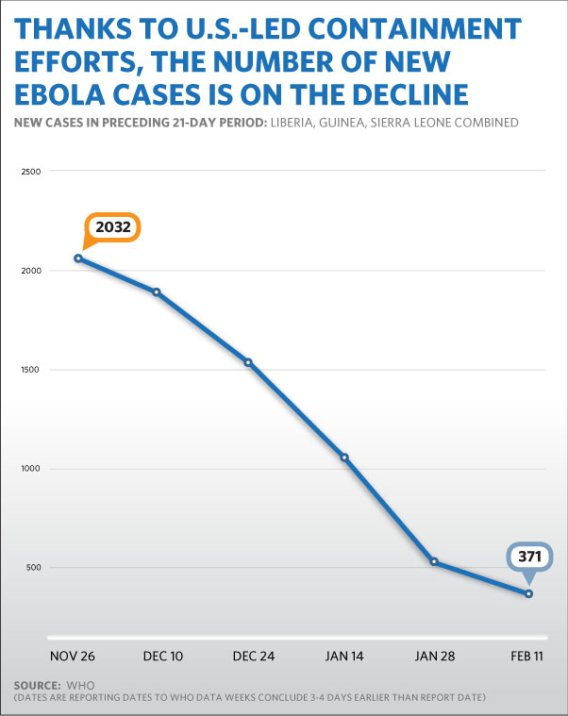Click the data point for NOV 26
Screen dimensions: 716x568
click(x=78, y=258)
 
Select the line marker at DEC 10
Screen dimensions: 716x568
click(x=156, y=291)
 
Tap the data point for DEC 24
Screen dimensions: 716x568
click(x=248, y=362)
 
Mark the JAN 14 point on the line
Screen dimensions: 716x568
click(x=344, y=458)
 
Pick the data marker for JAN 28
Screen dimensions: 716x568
click(x=434, y=561)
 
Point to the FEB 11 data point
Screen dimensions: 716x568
click(x=528, y=593)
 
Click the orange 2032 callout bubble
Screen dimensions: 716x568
click(x=112, y=228)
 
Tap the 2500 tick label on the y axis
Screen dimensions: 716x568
click(x=31, y=172)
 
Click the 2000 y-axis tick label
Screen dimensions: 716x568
click(x=31, y=271)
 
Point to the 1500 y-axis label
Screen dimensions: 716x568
click(x=31, y=370)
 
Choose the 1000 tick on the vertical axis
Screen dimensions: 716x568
click(x=31, y=469)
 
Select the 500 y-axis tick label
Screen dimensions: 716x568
click(x=34, y=568)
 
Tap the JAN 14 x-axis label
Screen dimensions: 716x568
click(x=343, y=653)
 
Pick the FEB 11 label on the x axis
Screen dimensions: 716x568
click(x=527, y=653)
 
